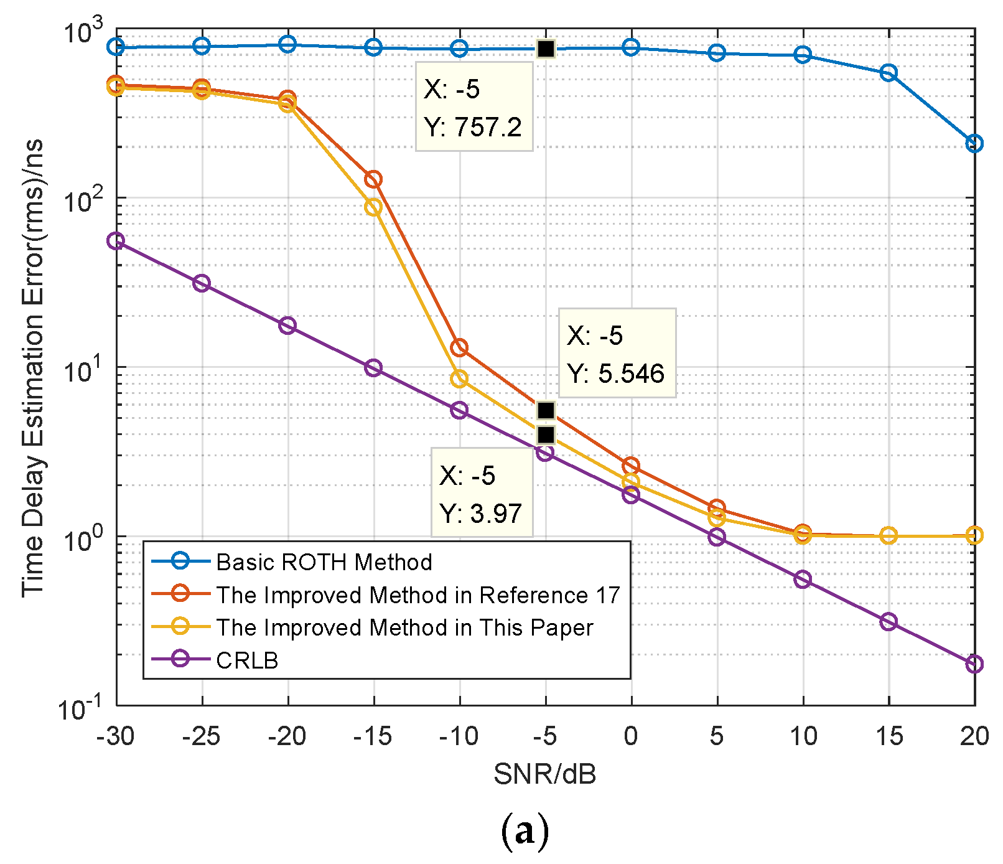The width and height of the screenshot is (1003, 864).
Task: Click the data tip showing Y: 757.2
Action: coord(474,107)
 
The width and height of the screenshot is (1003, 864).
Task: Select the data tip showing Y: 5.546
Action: coord(617,353)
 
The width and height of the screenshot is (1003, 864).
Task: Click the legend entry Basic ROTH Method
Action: coord(324,562)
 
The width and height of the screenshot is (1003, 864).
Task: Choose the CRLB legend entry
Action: coord(247,660)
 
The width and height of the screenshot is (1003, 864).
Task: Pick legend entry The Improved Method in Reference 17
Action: coord(418,595)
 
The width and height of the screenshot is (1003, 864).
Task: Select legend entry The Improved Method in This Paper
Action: coord(404,627)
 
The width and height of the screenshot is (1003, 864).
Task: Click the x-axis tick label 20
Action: coord(974,736)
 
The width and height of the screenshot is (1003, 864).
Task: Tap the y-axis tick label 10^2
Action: coord(84,199)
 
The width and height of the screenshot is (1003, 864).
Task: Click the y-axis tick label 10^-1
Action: coord(81,707)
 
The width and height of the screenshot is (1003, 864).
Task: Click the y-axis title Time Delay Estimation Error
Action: coord(34,367)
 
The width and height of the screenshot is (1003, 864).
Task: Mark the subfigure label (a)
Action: coord(525,831)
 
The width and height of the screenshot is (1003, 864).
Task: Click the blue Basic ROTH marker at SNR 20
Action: coord(974,144)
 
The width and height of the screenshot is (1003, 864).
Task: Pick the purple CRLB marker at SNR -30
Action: coord(116,241)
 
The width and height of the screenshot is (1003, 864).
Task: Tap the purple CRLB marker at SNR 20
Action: coord(974,664)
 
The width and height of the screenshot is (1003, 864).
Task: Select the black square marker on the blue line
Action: coord(546,49)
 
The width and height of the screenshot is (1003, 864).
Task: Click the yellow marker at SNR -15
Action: coord(373,207)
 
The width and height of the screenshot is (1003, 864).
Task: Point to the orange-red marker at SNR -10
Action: coord(459,348)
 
